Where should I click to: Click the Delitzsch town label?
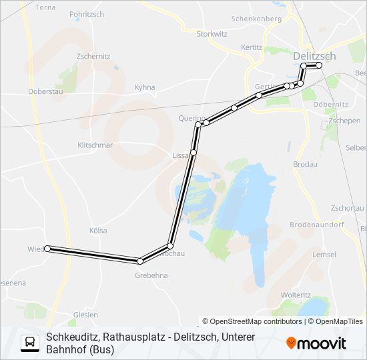314,57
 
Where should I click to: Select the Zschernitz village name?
93,57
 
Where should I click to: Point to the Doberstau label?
45,91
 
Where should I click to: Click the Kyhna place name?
145,87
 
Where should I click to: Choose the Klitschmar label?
95,145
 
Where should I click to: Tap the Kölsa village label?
98,231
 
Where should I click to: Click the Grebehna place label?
151,275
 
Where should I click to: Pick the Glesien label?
86,315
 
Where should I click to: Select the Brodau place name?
306,163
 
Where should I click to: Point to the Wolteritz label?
296,295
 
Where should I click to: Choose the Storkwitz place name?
213,33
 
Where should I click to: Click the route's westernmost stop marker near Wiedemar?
47,249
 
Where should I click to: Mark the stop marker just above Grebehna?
140,261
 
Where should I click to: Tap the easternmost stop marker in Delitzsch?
319,65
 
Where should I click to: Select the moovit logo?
316,343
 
